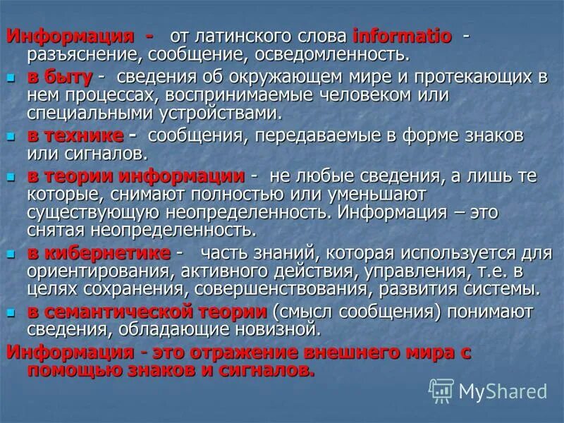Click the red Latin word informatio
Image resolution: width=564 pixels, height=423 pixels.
point(402,36)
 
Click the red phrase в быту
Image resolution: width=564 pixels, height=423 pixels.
point(59,77)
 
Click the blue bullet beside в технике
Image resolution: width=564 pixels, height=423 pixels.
point(11,135)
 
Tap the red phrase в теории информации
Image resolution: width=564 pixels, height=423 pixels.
point(136,176)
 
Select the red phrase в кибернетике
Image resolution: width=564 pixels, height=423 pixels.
point(99,253)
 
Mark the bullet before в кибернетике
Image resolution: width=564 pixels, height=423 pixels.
point(11,253)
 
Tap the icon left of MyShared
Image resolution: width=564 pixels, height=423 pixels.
point(442,391)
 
